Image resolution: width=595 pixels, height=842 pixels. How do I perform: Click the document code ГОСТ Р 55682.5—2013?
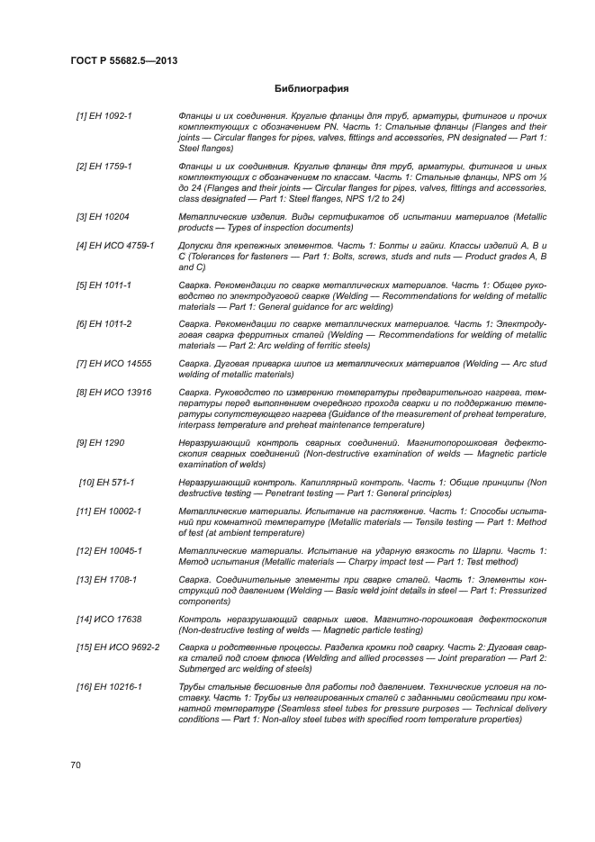click(x=123, y=60)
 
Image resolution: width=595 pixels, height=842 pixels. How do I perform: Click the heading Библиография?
click(x=311, y=90)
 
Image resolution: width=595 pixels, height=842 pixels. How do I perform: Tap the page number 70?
click(x=76, y=765)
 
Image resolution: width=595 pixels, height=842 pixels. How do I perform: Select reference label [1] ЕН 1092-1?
click(x=104, y=117)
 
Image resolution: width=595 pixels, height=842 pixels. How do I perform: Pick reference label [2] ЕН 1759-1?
click(x=104, y=167)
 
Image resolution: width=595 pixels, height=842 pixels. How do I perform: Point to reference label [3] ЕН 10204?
click(x=102, y=217)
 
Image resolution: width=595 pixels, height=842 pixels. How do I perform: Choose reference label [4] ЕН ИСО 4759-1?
click(x=115, y=245)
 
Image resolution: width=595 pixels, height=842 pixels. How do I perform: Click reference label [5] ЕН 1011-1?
click(x=104, y=285)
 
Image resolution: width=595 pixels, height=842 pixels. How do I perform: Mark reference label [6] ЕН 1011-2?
click(x=104, y=323)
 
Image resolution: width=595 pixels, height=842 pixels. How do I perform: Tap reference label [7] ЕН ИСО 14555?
click(x=113, y=363)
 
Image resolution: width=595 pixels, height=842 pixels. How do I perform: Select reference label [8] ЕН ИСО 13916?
click(x=113, y=392)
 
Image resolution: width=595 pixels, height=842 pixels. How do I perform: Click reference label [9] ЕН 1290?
click(x=100, y=442)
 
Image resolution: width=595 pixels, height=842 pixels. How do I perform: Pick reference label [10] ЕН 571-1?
click(x=107, y=483)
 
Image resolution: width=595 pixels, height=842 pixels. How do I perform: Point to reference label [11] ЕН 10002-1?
click(x=109, y=511)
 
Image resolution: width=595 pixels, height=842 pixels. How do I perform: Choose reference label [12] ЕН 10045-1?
click(x=109, y=550)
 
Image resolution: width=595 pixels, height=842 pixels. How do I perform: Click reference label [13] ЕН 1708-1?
click(x=106, y=579)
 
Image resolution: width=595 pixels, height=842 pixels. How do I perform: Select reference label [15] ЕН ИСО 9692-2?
click(x=118, y=647)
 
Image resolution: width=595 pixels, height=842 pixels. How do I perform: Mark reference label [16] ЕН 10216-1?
click(x=109, y=687)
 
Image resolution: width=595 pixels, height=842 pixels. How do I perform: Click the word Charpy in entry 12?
click(x=380, y=561)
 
